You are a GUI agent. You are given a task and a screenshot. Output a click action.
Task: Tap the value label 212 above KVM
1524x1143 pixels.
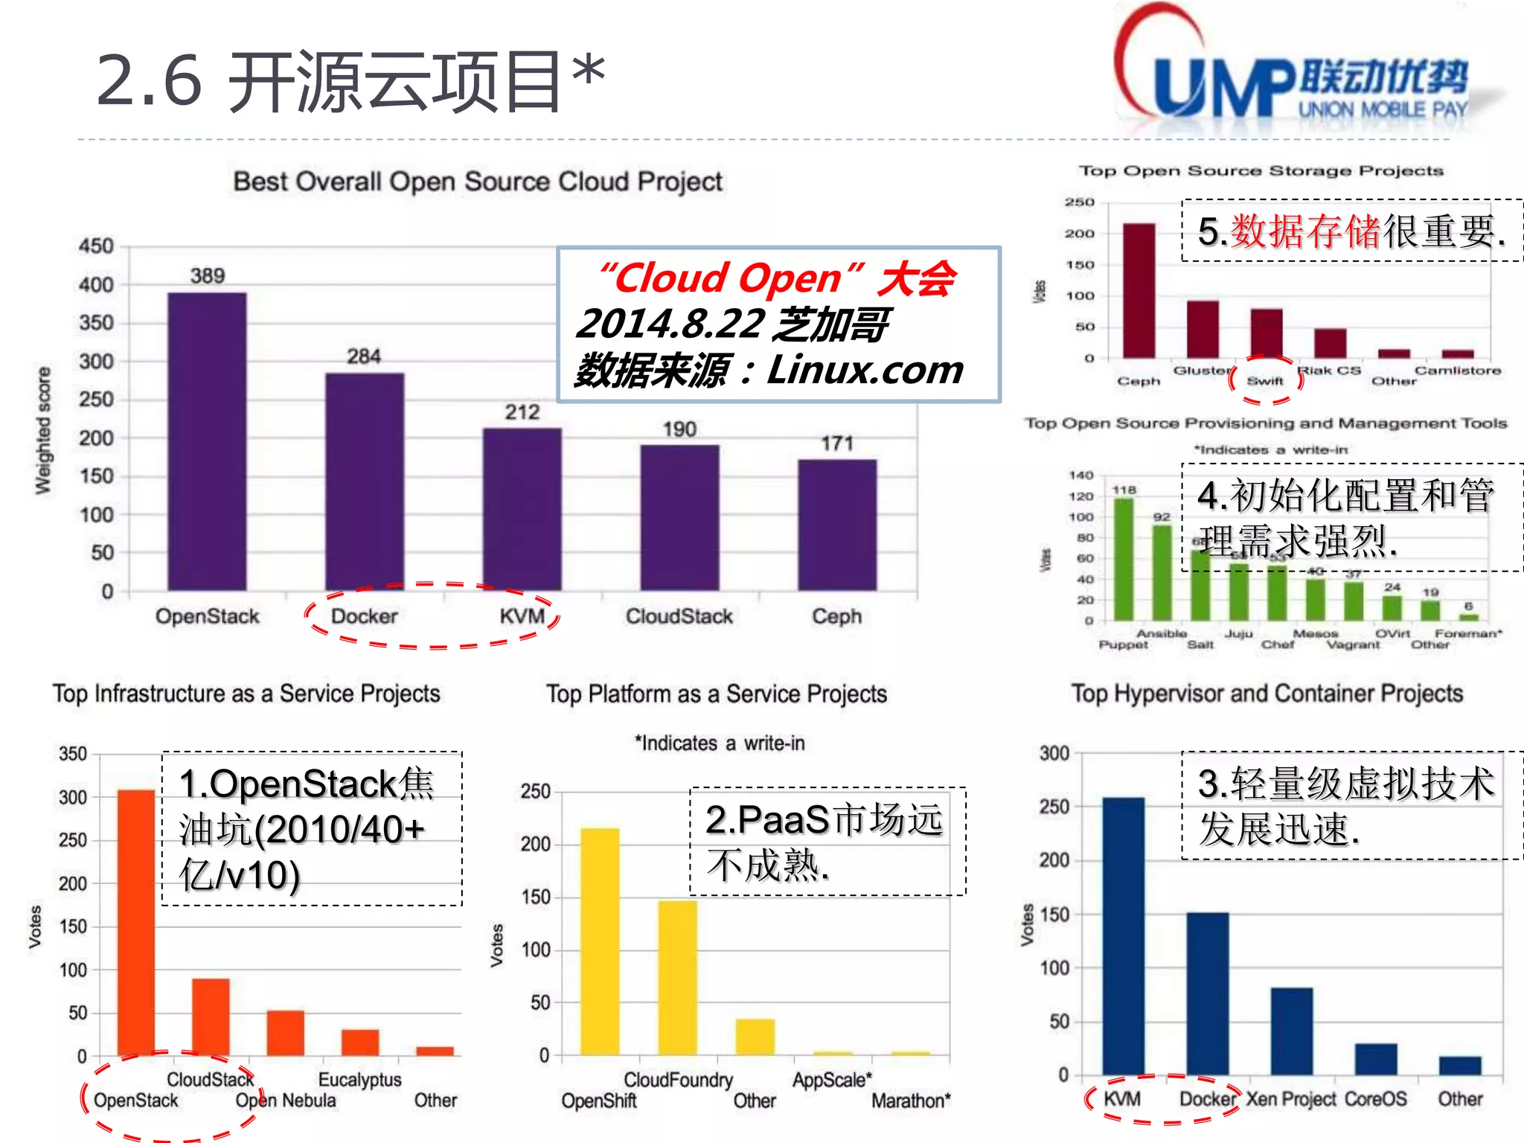522,412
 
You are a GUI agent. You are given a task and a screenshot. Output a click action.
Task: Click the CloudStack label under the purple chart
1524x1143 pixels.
679,616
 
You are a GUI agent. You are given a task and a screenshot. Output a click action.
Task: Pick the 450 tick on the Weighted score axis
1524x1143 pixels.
96,246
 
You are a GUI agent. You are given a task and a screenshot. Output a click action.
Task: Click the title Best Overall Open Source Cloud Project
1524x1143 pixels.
478,182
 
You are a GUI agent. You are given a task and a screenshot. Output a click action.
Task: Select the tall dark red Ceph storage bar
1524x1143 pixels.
1139,290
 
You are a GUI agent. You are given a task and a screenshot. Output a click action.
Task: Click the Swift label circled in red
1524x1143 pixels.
1265,381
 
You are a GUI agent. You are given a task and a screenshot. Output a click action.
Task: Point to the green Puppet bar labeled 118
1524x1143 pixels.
1124,558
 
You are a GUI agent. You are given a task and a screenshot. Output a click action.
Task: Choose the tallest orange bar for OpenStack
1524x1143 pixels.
136,923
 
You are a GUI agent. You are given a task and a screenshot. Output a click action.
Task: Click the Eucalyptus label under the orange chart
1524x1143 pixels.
359,1079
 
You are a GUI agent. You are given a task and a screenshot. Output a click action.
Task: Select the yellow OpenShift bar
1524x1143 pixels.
600,941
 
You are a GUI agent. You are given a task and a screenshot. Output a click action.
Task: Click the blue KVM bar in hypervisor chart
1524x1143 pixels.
1123,936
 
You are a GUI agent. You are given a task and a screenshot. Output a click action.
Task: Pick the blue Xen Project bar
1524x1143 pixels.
1291,1031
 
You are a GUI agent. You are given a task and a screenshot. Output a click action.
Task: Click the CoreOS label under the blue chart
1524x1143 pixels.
1375,1099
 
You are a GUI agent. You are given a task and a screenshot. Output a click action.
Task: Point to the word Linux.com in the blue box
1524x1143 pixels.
865,370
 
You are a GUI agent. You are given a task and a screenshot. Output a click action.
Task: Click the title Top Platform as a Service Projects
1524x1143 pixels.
717,694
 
